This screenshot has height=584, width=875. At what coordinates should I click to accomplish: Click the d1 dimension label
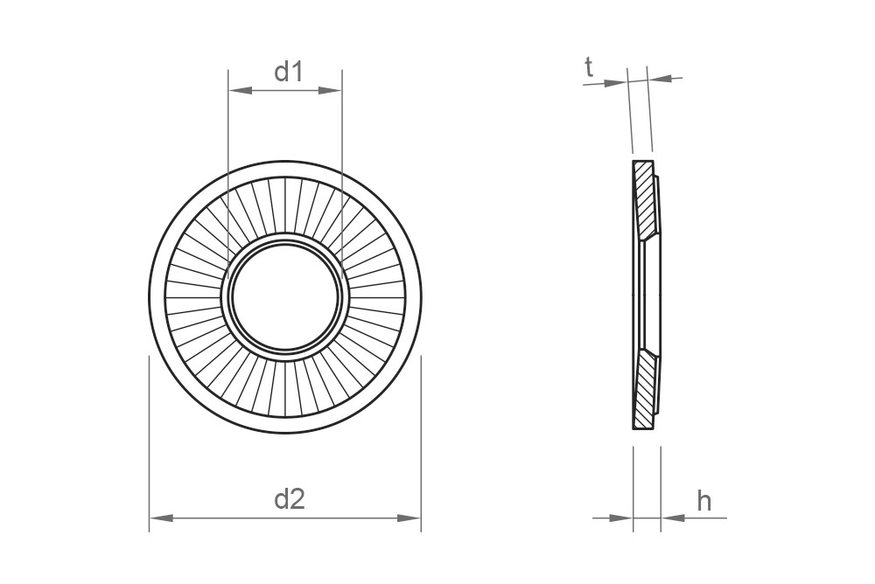coord(289,72)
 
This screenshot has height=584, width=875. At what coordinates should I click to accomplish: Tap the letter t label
coord(589,67)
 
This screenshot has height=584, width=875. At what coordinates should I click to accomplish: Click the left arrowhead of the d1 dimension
coord(240,90)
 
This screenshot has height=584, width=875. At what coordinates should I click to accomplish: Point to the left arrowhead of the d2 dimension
coord(161,518)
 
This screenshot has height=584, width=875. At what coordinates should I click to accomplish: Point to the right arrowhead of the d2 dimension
coord(409,518)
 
